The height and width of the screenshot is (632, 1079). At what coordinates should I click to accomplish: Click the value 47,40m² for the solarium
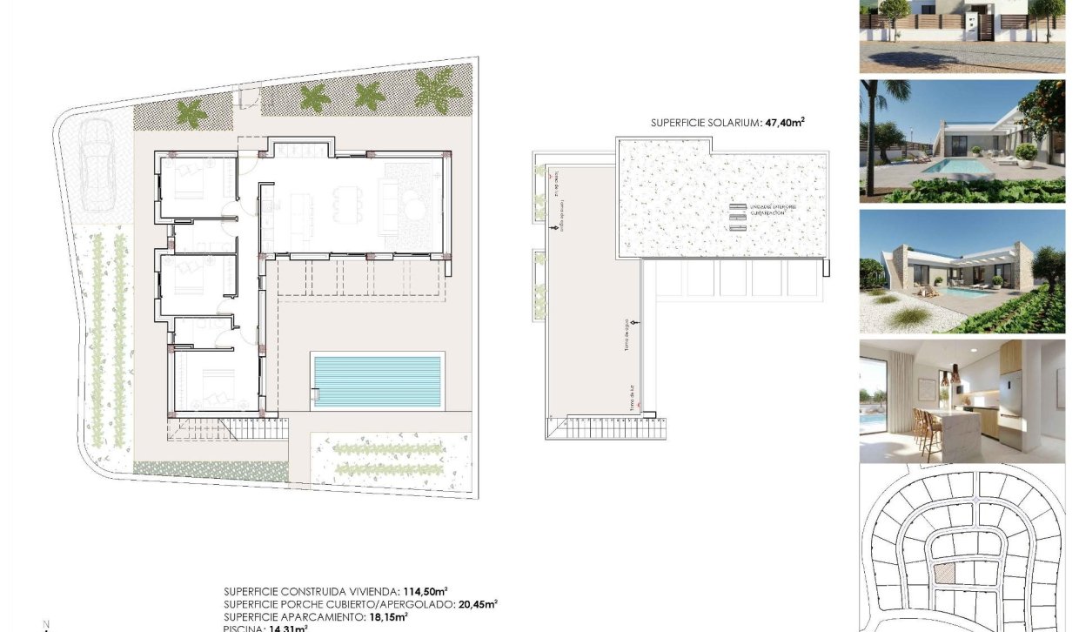[784, 124]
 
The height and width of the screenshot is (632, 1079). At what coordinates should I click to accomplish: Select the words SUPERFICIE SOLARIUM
[705, 124]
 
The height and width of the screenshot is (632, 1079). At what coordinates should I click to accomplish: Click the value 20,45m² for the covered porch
[478, 603]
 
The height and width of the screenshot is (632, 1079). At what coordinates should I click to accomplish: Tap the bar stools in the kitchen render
[927, 431]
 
